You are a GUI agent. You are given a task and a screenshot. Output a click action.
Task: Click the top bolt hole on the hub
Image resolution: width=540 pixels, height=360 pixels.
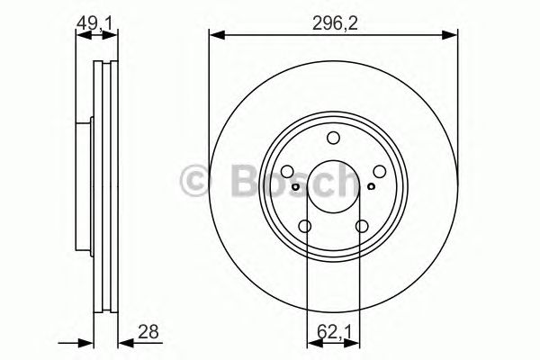333,138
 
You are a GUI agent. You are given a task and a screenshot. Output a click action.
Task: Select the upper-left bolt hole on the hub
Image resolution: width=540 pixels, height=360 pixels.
287,171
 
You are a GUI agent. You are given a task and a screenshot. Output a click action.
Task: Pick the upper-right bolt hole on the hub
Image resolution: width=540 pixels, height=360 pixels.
379,171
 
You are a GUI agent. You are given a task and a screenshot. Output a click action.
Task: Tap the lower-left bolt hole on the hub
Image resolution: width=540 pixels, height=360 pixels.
305,227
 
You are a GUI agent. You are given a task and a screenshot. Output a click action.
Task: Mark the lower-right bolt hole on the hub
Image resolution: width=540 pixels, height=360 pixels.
362,227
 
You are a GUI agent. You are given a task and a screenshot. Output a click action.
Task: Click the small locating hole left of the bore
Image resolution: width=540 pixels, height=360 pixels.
295,186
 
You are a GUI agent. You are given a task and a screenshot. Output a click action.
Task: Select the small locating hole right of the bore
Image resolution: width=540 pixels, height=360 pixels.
371,186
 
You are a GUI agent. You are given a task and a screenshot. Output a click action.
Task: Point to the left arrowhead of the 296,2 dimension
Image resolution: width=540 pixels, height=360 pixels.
214,35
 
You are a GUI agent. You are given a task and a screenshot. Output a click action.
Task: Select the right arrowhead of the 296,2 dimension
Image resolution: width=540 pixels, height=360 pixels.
452,35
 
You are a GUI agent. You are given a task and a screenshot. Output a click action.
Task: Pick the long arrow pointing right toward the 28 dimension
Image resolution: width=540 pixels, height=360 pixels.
76,342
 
